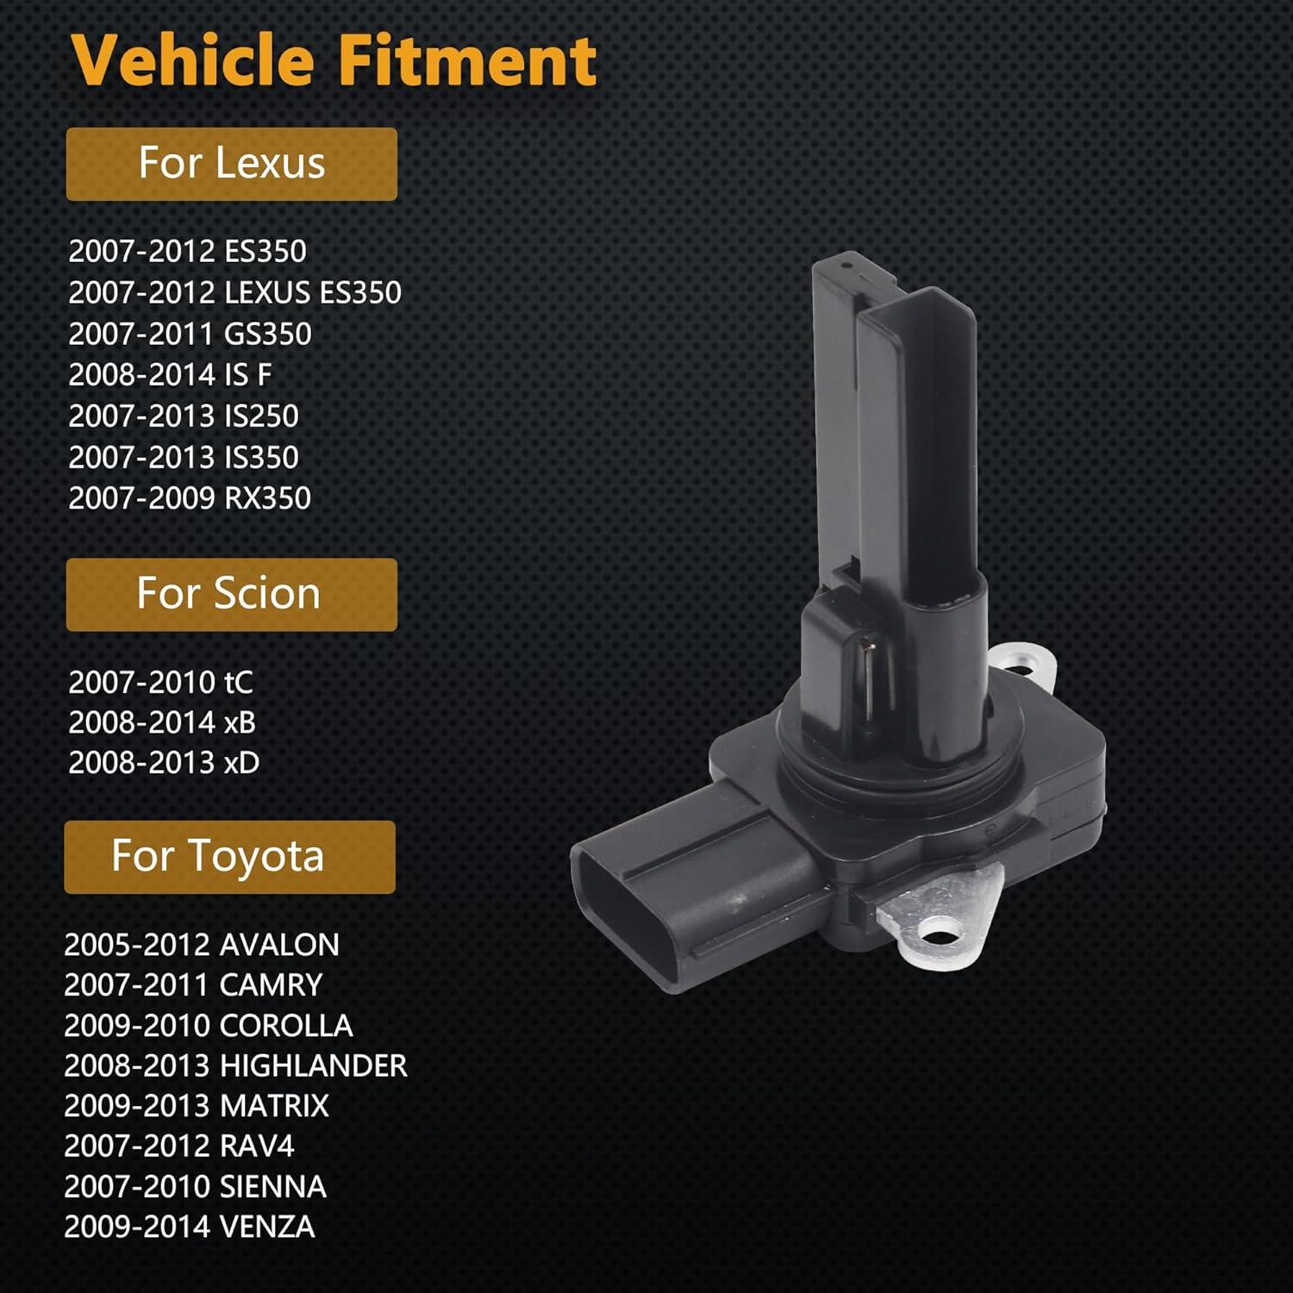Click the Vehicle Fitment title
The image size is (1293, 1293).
pos(334,60)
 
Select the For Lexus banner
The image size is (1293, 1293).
pos(231,164)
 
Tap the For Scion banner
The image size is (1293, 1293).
pos(231,594)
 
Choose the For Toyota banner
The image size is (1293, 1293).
pos(229,857)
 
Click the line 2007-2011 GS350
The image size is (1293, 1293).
pos(190,334)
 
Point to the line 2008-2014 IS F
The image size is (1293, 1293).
pos(170,375)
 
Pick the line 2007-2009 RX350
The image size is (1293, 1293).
pos(190,498)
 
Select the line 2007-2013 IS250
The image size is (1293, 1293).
pos(184,416)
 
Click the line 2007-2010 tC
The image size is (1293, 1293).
pos(160,683)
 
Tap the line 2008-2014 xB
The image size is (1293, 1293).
pos(162,722)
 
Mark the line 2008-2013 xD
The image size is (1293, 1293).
pos(164,763)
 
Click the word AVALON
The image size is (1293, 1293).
pos(279,946)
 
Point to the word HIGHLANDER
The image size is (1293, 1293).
pos(314,1066)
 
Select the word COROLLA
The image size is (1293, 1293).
pos(286,1026)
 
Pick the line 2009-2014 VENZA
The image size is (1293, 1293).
pos(190,1227)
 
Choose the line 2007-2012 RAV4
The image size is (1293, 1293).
pos(179,1146)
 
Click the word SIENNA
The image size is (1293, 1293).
pos(273,1187)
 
